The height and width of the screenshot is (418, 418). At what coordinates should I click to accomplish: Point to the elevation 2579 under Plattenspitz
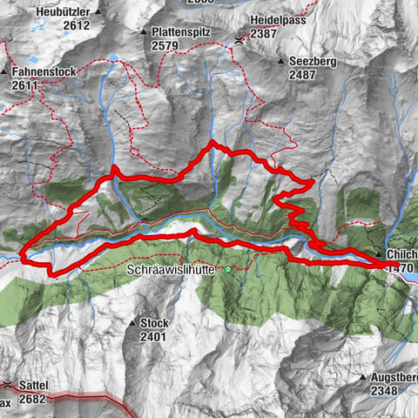coord(165,44)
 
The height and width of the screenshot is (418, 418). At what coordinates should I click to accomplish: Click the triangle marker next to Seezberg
coord(282,63)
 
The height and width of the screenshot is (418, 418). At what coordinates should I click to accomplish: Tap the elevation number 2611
coord(26,85)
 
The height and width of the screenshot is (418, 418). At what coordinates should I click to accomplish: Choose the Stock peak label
coord(153,323)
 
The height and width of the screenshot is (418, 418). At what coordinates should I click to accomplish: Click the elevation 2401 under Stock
coord(153,336)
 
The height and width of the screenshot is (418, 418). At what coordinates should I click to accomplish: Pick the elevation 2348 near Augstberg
coord(384,391)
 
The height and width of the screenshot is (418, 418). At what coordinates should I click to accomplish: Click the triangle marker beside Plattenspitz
coord(143,31)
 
